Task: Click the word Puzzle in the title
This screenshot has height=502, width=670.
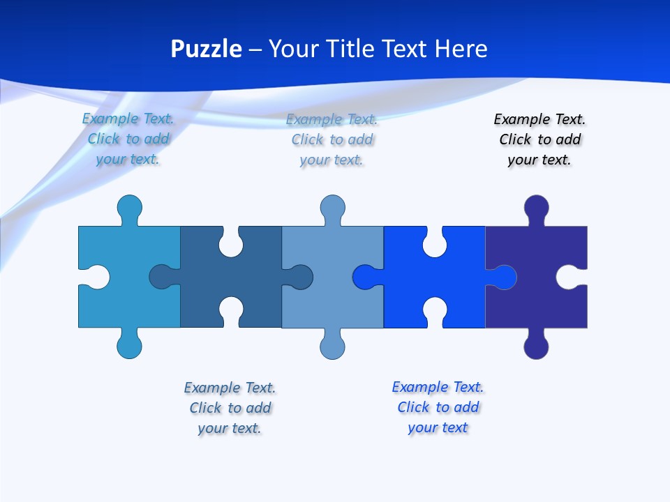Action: (207, 49)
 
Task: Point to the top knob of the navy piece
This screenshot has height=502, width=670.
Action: (536, 207)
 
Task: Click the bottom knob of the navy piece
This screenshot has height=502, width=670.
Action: (536, 347)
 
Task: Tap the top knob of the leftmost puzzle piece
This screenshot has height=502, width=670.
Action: (129, 207)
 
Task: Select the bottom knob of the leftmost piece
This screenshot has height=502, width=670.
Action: (129, 347)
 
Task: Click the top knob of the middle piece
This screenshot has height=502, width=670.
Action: (332, 207)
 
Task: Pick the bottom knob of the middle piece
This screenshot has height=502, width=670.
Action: (332, 347)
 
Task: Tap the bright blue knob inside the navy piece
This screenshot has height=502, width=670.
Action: (504, 277)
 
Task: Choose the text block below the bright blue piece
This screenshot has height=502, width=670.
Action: (438, 407)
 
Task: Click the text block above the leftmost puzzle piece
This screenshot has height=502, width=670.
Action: (128, 139)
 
